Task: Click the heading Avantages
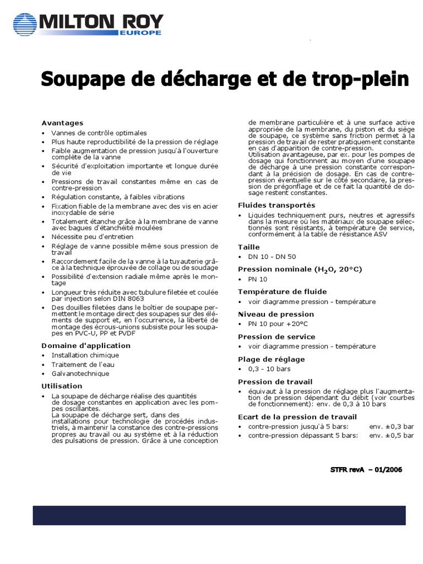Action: [63, 123]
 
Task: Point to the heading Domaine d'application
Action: [86, 345]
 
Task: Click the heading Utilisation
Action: [62, 386]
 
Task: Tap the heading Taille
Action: [248, 247]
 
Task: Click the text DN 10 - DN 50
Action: [272, 257]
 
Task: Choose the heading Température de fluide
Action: [282, 291]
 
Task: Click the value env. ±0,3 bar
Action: [391, 426]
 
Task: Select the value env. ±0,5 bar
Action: [391, 435]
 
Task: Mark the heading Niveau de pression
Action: [276, 314]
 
